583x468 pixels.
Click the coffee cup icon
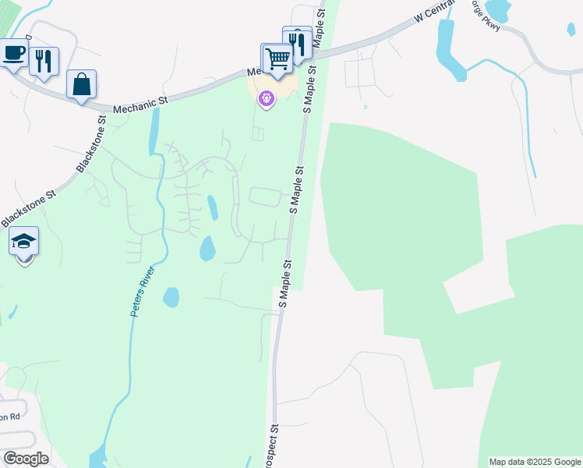point(13,54)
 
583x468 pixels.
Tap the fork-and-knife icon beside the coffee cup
point(44,61)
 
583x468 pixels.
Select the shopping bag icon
point(81,83)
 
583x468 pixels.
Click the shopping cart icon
point(277,58)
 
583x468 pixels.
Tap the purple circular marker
point(267,98)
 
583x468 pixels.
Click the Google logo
point(26,459)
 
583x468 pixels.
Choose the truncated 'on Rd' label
point(9,417)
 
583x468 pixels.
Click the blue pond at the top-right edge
point(497,9)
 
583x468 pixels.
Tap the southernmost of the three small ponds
point(171,297)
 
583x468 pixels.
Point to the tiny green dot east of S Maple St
point(365,107)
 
